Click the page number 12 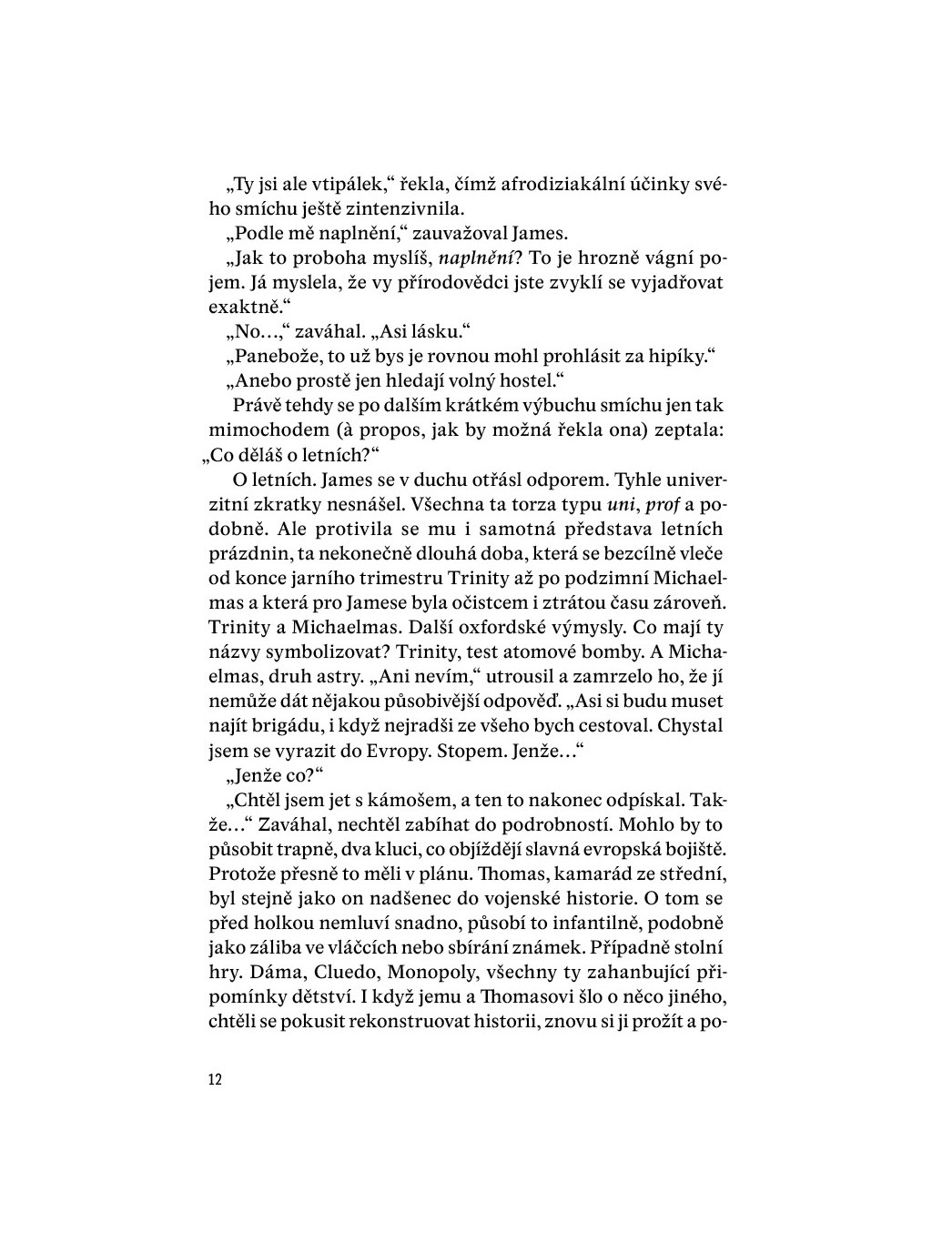(215, 1080)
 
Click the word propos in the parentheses (400, 430)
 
